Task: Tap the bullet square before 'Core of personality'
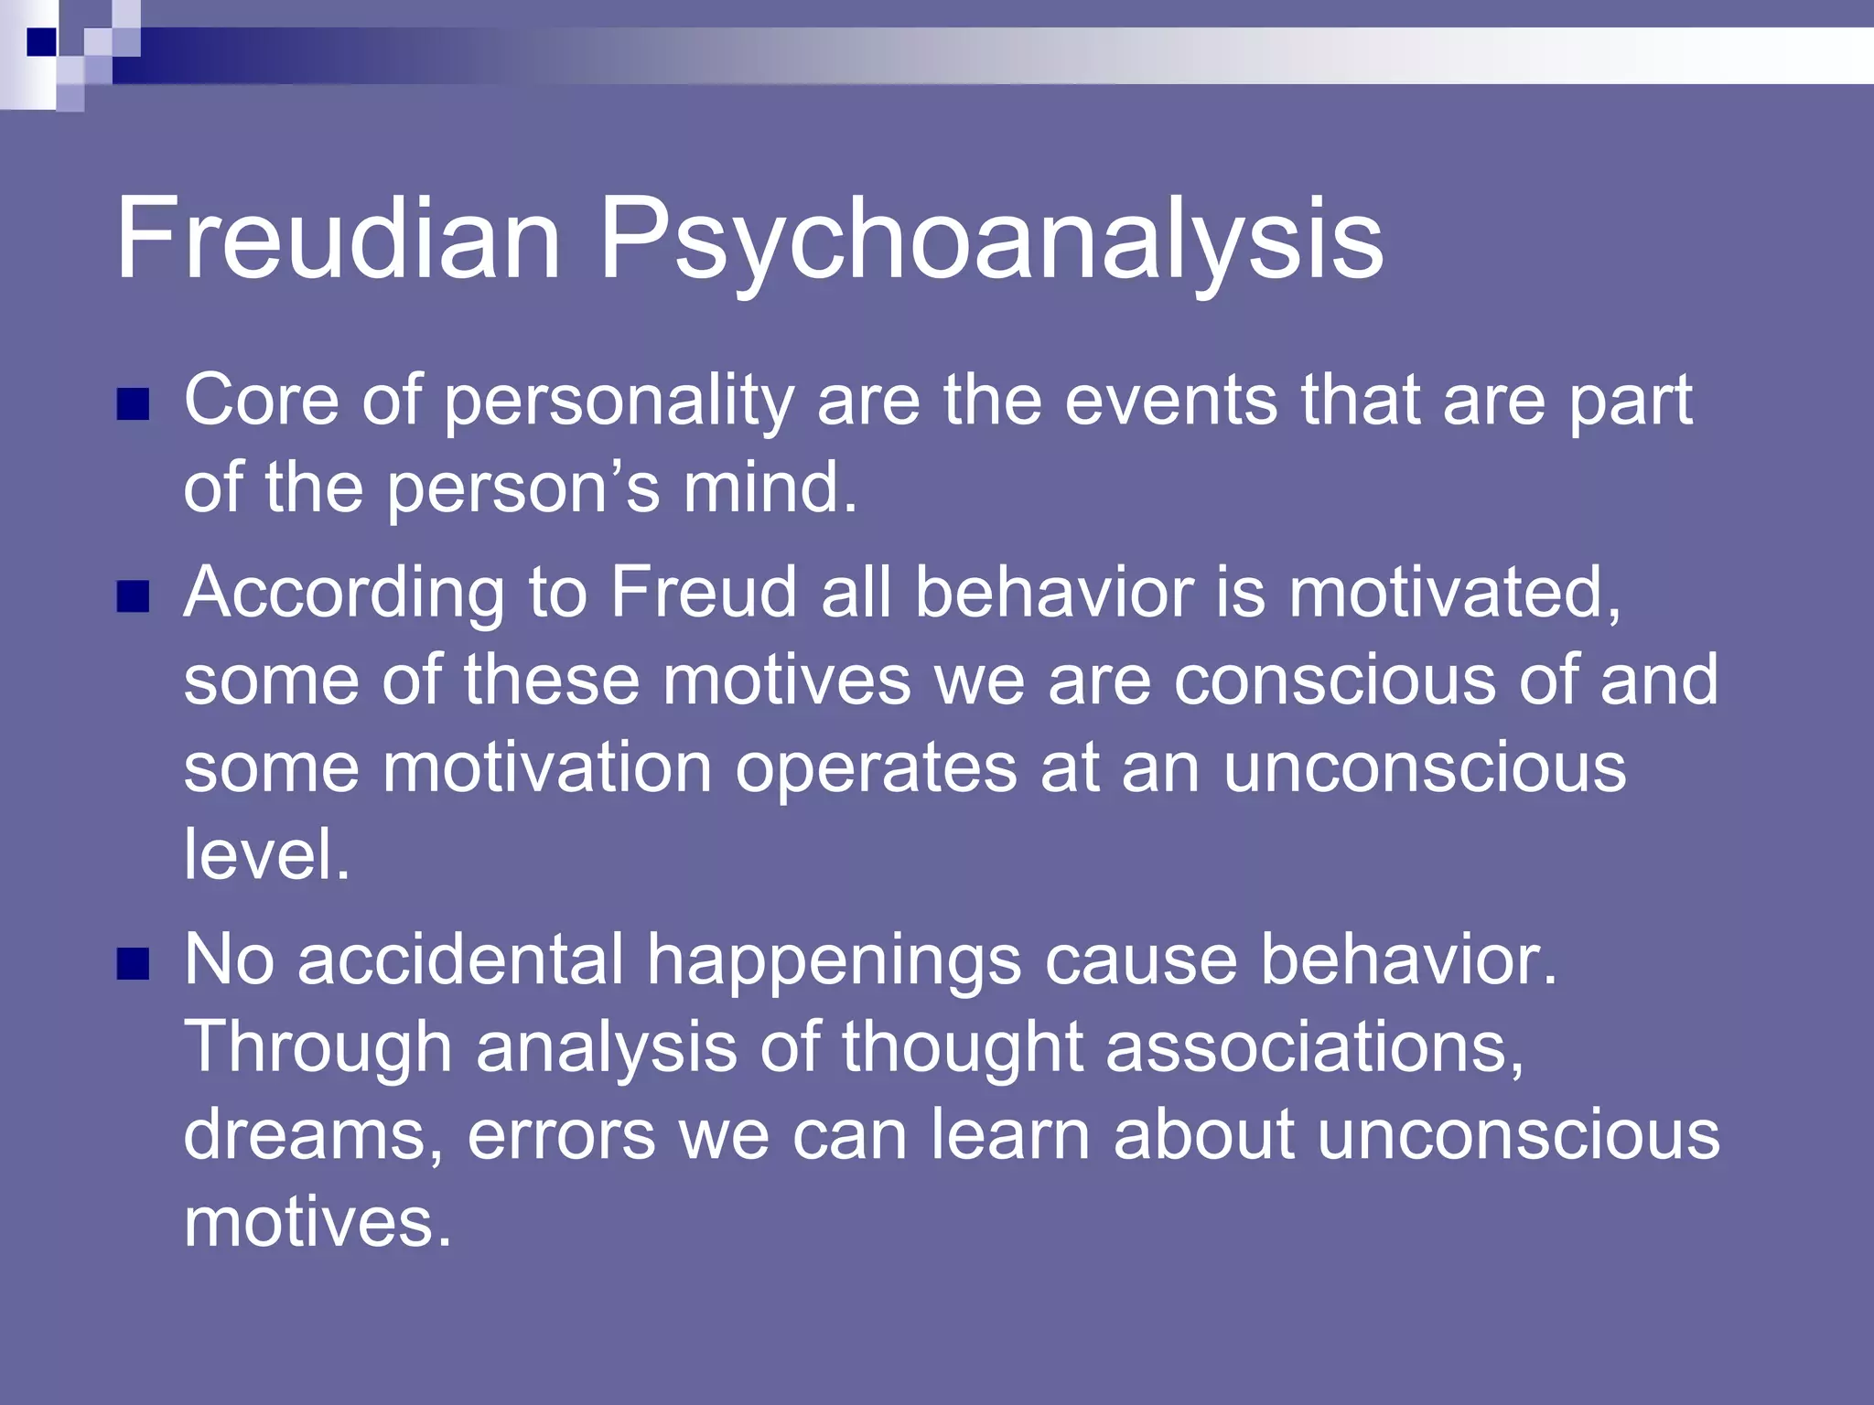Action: tap(133, 404)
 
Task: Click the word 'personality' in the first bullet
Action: tap(619, 402)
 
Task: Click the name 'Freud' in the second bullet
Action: tap(704, 592)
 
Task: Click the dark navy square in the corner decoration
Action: tap(42, 42)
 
